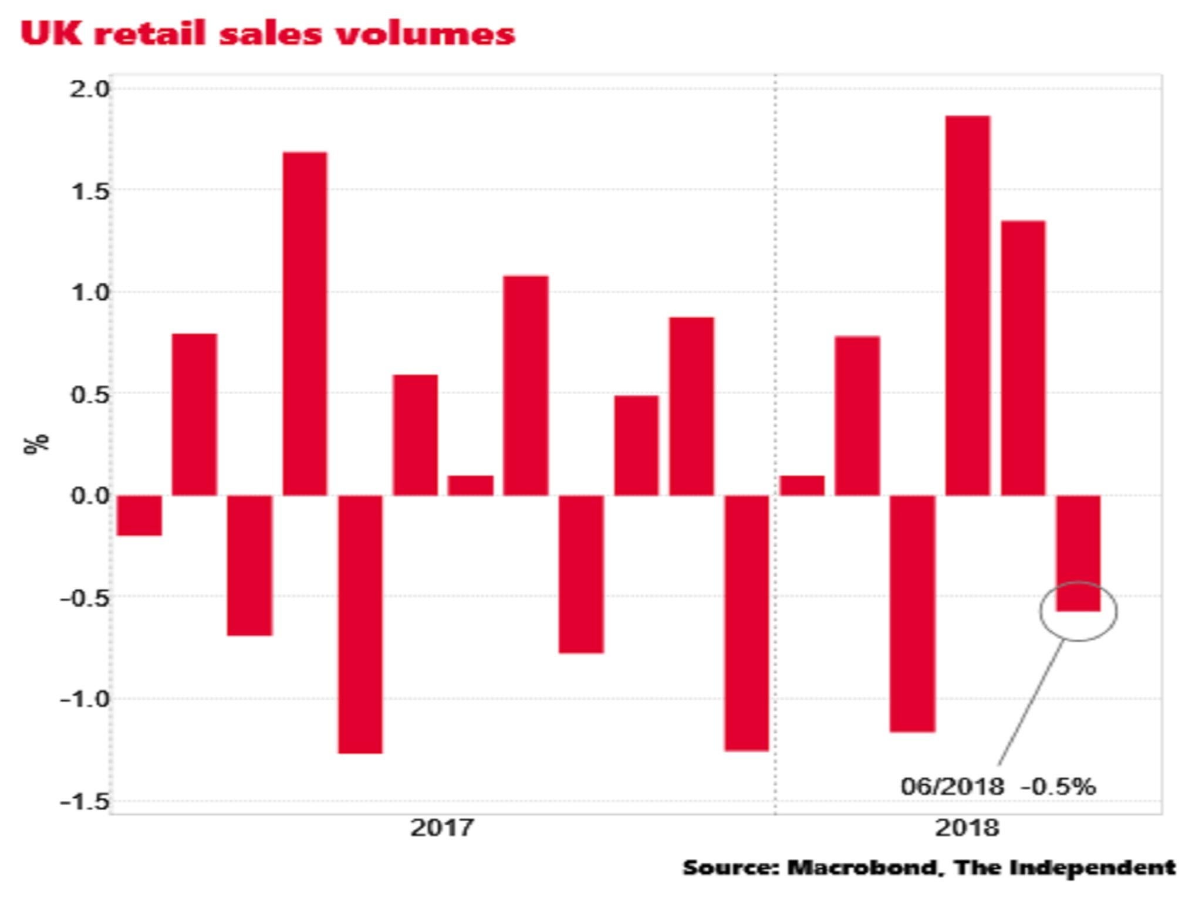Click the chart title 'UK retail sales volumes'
(268, 33)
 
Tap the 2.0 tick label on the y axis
(90, 89)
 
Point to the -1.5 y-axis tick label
(85, 802)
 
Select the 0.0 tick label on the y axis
(90, 496)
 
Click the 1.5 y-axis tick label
(90, 191)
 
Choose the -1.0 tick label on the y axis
(85, 699)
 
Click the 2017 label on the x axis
(441, 828)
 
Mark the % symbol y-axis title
(36, 443)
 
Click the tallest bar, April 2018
(967, 305)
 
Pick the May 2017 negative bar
(360, 624)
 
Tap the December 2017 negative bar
(747, 623)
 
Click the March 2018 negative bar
(913, 614)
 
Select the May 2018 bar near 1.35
(1023, 358)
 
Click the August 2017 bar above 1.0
(526, 385)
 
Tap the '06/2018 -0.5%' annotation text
(998, 787)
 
